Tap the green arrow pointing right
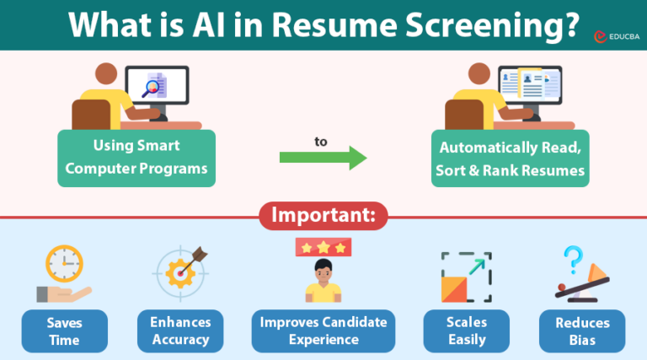(323, 158)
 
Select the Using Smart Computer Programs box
(136, 158)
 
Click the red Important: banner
(323, 216)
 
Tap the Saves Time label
(64, 331)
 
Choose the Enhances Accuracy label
(180, 331)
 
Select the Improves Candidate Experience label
(323, 331)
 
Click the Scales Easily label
(465, 331)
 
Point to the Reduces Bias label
(582, 331)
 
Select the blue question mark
(574, 257)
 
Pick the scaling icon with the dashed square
(465, 277)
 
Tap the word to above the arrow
(321, 142)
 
